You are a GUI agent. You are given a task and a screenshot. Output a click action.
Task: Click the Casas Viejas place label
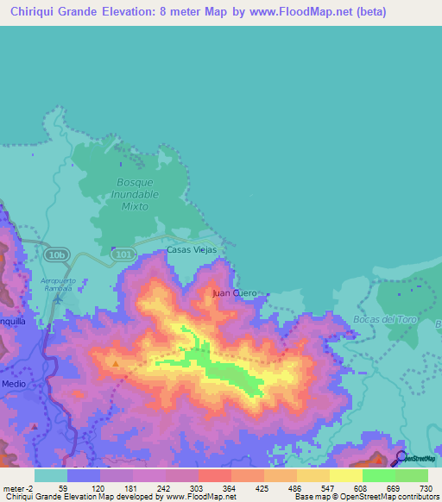pos(191,250)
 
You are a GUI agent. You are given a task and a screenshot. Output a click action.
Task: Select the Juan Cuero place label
pos(234,294)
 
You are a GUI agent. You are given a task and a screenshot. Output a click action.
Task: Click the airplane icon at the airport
pos(58,300)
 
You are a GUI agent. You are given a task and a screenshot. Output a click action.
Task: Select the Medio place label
pos(14,384)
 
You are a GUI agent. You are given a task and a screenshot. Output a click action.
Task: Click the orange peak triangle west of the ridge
pos(117,364)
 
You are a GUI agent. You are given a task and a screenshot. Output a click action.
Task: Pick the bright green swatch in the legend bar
pos(378,475)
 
